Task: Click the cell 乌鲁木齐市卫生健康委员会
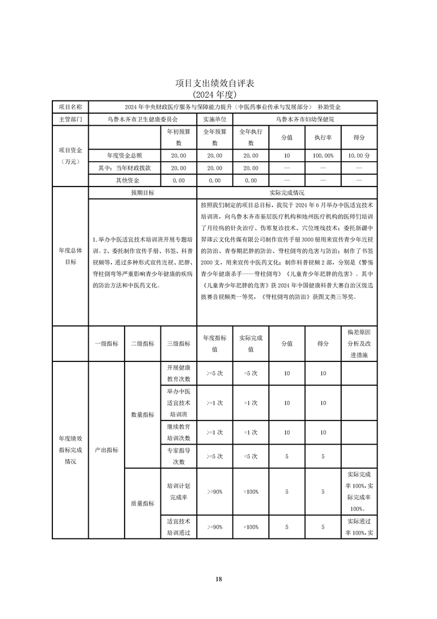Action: coord(143,119)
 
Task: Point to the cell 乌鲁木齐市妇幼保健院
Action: coord(305,119)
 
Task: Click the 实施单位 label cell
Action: coord(214,119)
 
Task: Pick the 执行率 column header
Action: coord(323,137)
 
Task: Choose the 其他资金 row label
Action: coord(125,180)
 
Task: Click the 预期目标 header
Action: coord(142,193)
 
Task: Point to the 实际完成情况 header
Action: coord(287,193)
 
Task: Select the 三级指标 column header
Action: coord(179,343)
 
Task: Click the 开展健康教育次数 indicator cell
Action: coord(179,373)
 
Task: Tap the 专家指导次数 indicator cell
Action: coord(179,456)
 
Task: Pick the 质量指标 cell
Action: coord(142,503)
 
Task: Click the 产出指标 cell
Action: coord(106,450)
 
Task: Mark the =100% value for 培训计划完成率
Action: coord(251,492)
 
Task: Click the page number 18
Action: coord(219,579)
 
